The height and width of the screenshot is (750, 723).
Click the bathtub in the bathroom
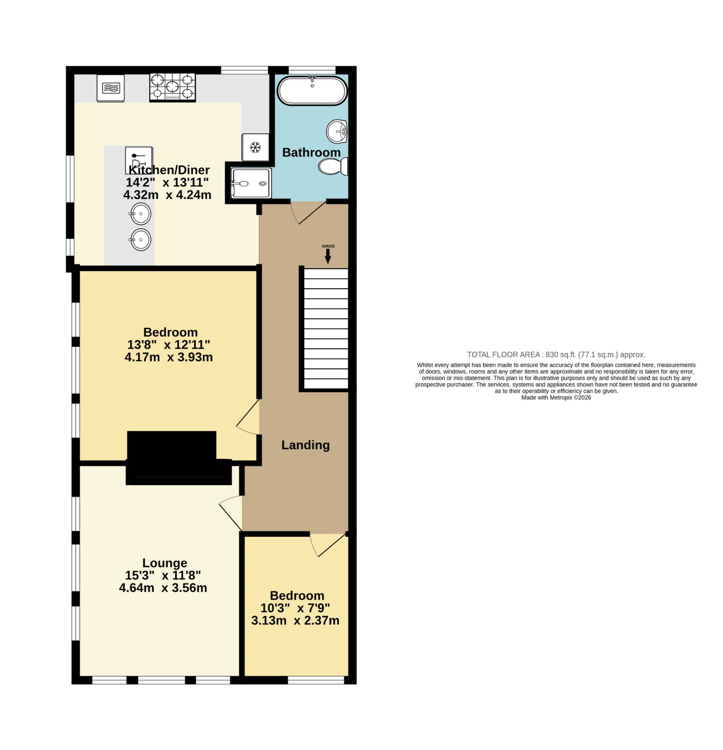312,90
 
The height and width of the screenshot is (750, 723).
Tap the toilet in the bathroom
333,166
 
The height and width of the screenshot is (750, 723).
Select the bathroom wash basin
337,131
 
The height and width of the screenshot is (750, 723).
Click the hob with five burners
173,87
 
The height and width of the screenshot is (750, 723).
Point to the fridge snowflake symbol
255,148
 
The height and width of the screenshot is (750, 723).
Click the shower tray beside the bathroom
251,183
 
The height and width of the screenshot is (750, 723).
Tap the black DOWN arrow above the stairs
328,256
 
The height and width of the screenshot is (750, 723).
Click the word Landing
305,445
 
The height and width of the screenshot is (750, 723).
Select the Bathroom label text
311,152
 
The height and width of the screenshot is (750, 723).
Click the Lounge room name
165,562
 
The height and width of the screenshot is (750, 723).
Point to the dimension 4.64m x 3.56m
163,587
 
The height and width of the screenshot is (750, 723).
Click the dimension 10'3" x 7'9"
295,608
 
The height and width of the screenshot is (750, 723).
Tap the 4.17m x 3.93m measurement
169,357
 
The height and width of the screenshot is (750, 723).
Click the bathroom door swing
308,213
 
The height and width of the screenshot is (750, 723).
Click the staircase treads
326,329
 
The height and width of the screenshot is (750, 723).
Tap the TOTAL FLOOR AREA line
556,355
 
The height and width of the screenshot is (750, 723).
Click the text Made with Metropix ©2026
556,397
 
